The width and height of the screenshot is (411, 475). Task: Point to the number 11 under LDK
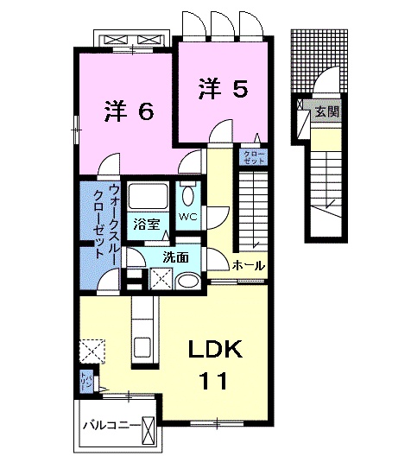click(215, 379)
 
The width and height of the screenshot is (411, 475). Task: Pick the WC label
click(187, 216)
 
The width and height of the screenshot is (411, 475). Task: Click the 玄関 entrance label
click(326, 111)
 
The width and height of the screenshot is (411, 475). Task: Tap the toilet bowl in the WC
click(187, 194)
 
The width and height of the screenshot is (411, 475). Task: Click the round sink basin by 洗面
click(185, 281)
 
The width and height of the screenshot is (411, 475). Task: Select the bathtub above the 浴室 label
click(149, 196)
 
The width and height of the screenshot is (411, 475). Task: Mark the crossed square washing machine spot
click(160, 278)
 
